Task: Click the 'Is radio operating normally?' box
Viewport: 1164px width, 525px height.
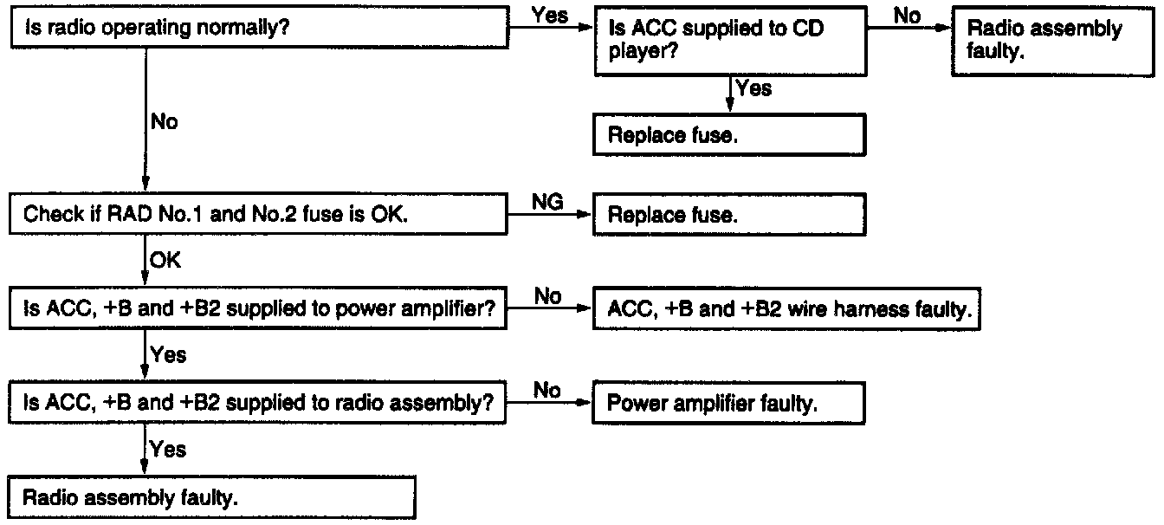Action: point(257,29)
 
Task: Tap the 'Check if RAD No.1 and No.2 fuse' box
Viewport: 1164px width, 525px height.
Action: point(257,215)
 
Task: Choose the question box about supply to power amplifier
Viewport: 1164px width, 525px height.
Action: point(257,309)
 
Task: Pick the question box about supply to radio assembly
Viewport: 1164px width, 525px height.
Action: point(257,403)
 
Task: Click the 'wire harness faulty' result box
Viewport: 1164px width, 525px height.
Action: point(787,309)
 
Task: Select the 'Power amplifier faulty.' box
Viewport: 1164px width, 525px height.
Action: point(728,404)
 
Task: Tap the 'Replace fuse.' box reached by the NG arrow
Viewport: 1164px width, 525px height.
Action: point(728,215)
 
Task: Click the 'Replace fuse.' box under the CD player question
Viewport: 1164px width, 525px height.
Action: point(728,135)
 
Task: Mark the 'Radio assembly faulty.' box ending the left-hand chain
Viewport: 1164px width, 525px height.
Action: point(208,498)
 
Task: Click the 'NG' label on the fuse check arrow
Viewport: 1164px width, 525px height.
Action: point(548,202)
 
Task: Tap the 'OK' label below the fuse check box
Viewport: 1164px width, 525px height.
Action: point(165,260)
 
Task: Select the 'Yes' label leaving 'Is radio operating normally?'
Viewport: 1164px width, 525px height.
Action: point(551,16)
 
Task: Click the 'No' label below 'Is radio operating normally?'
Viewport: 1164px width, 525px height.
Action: point(164,122)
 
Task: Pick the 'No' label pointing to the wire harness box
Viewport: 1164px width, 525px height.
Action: point(547,296)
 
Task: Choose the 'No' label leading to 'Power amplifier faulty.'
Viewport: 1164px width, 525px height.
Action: point(547,391)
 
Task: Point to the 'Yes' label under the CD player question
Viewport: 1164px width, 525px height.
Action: point(753,87)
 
